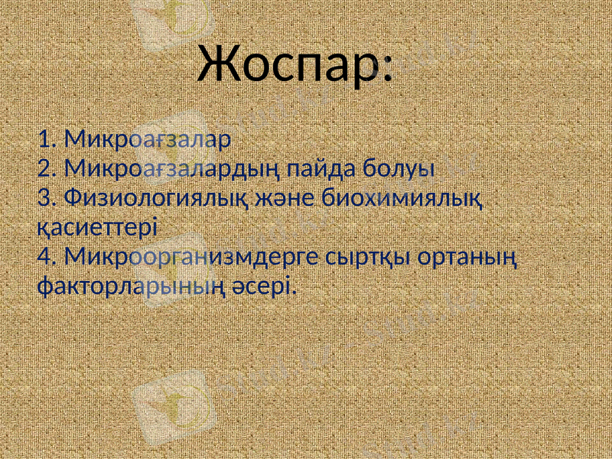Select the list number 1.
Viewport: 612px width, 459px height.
[45, 139]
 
